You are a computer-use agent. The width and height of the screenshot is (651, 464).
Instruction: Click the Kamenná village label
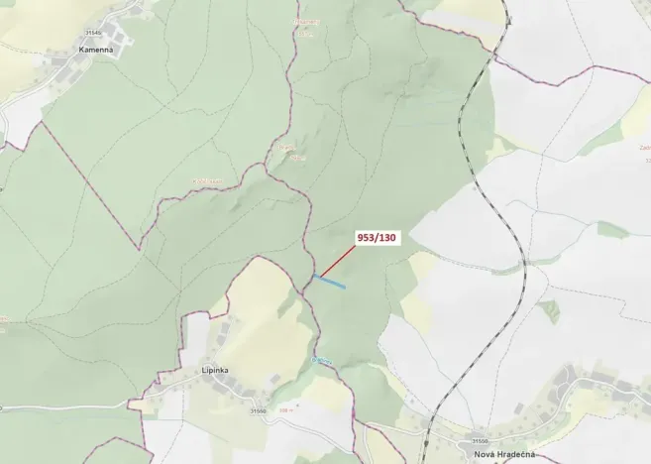click(x=95, y=49)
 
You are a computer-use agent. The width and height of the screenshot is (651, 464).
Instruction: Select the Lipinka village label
click(x=215, y=371)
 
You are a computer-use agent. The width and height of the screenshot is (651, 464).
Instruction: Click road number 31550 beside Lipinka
click(x=258, y=410)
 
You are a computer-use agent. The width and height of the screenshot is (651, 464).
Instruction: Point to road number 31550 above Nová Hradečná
click(x=480, y=441)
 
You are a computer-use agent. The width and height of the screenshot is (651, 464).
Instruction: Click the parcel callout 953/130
click(x=376, y=238)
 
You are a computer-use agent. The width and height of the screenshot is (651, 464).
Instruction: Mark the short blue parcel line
click(x=331, y=282)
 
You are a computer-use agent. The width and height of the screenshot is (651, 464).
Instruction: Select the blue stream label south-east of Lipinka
click(x=320, y=359)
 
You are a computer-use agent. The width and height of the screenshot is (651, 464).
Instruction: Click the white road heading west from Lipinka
click(x=59, y=407)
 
